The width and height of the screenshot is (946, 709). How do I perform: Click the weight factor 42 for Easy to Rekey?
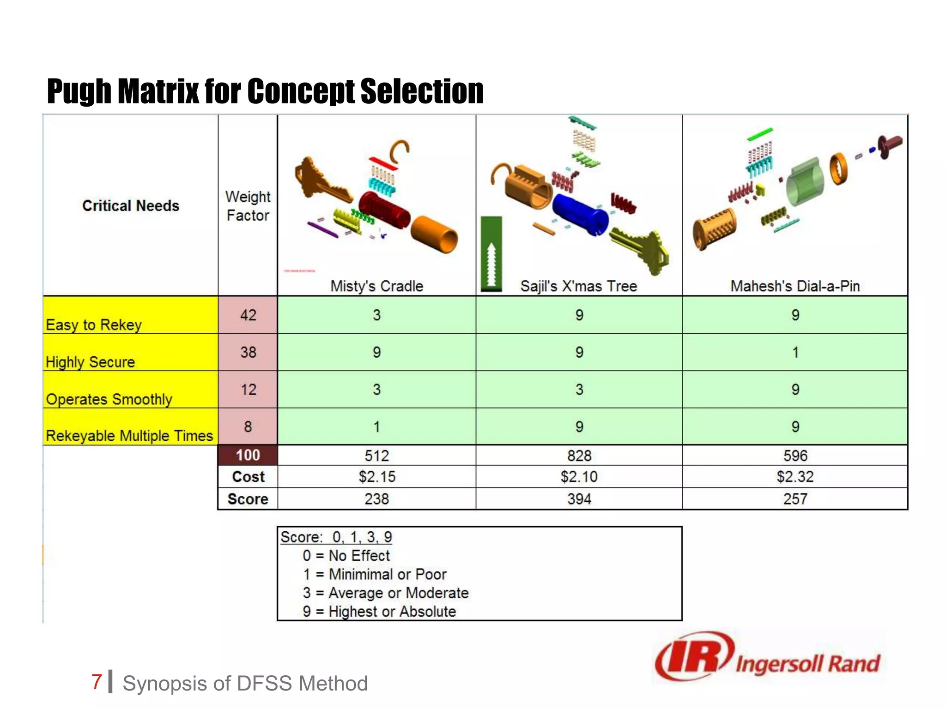pyautogui.click(x=248, y=315)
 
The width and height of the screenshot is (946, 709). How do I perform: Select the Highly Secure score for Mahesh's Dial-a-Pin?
pyautogui.click(x=795, y=353)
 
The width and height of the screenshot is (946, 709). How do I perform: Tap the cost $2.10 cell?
pyautogui.click(x=579, y=477)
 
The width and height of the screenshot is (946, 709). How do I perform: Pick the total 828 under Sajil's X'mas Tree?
pyautogui.click(x=579, y=456)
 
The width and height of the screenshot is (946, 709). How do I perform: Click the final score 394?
pyautogui.click(x=579, y=499)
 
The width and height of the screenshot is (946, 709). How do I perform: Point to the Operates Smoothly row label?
pyautogui.click(x=109, y=399)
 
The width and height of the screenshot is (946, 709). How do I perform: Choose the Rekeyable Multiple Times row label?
pyautogui.click(x=129, y=436)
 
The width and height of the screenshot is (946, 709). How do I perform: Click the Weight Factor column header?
pyautogui.click(x=248, y=206)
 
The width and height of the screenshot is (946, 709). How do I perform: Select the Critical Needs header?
pyautogui.click(x=131, y=206)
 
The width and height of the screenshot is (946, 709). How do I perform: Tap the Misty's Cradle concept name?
pyautogui.click(x=376, y=286)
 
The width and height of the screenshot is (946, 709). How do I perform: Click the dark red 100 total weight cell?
pyautogui.click(x=248, y=456)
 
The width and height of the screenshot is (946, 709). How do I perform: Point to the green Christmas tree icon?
pyautogui.click(x=491, y=254)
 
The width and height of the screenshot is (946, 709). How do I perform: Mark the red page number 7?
pyautogui.click(x=97, y=682)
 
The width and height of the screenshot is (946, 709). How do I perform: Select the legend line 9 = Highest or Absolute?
pyautogui.click(x=379, y=612)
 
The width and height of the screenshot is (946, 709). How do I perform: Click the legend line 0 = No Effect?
pyautogui.click(x=346, y=556)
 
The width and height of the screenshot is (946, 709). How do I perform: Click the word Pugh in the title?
pyautogui.click(x=79, y=91)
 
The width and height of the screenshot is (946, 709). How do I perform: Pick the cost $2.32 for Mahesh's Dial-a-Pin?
pyautogui.click(x=795, y=477)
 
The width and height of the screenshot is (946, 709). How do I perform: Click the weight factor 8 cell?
pyautogui.click(x=248, y=427)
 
